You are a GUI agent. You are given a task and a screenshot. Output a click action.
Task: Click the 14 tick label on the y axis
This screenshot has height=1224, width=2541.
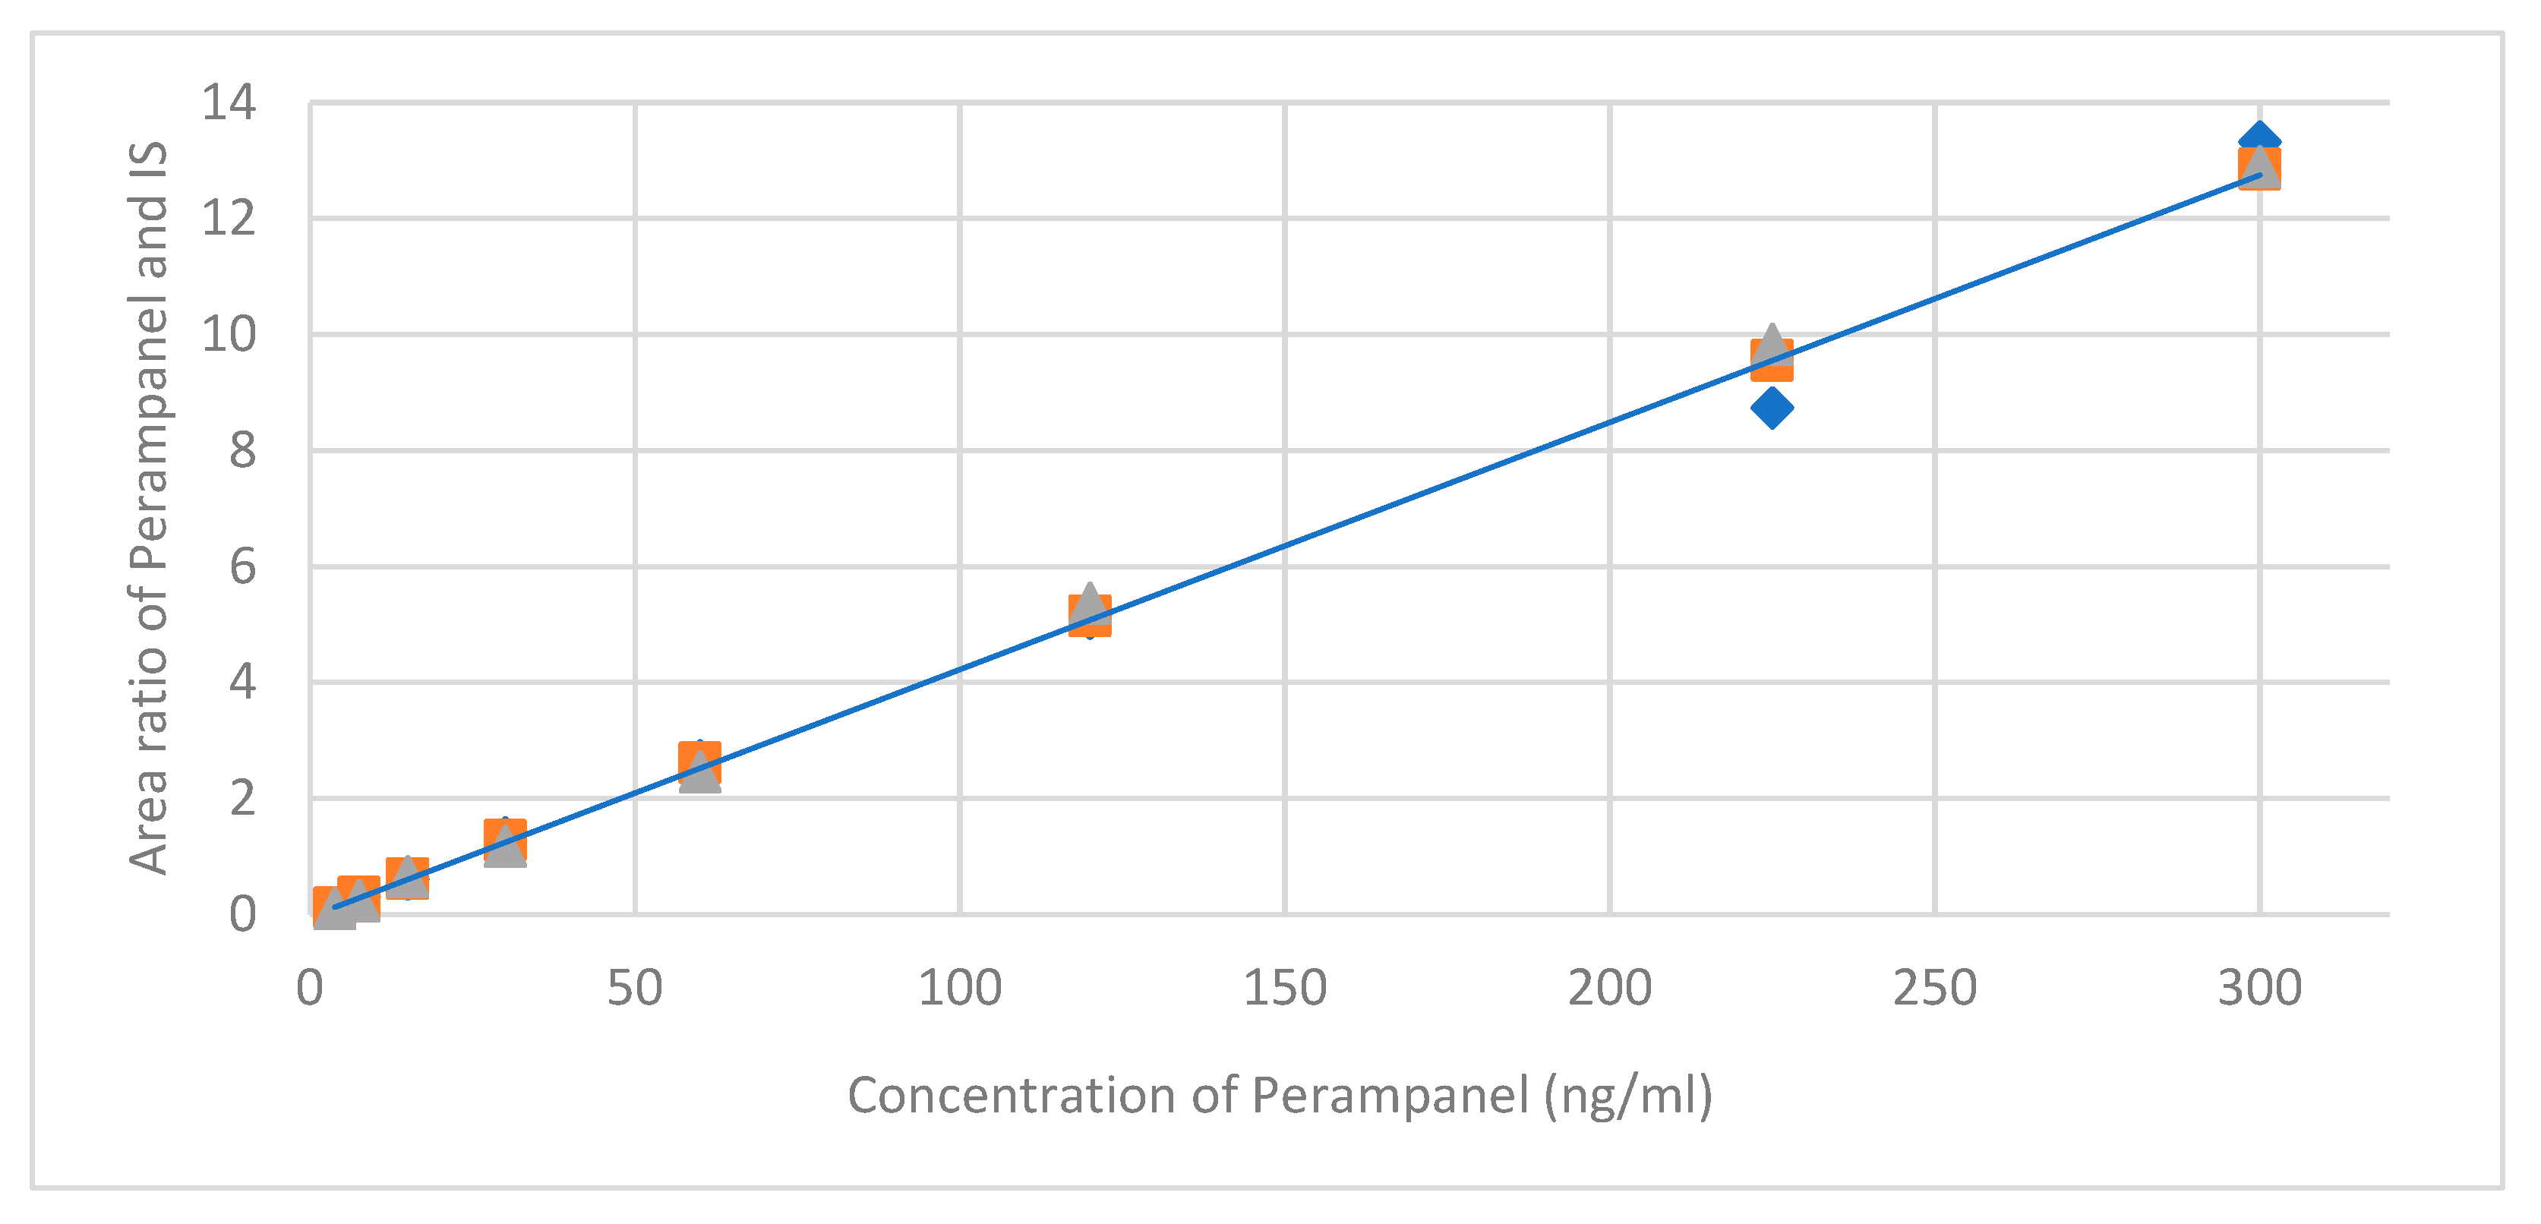[228, 103]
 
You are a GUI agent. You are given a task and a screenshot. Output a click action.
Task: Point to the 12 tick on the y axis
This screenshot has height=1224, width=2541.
[228, 218]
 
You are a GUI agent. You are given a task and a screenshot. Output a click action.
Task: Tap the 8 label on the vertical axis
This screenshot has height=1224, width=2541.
[241, 452]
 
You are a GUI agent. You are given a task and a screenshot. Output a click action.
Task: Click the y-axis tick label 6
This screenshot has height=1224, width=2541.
[241, 568]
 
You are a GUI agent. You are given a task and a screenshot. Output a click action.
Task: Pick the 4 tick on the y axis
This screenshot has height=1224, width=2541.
[241, 683]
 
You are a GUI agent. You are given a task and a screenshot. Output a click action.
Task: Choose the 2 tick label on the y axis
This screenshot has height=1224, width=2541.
[241, 799]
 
